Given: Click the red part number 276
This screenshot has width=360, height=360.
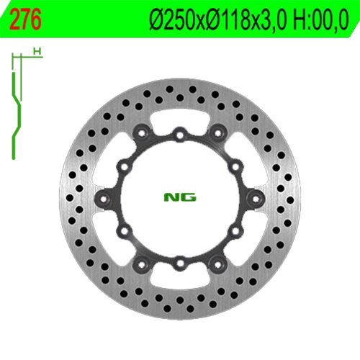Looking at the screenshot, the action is (x=25, y=20).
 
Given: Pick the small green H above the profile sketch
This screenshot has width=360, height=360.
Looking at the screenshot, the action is (x=37, y=51).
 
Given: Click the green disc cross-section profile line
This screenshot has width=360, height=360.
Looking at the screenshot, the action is (x=16, y=115).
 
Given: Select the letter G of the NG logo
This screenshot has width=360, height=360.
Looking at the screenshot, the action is (x=189, y=197).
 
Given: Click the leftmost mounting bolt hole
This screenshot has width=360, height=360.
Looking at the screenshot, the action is (x=104, y=199).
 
